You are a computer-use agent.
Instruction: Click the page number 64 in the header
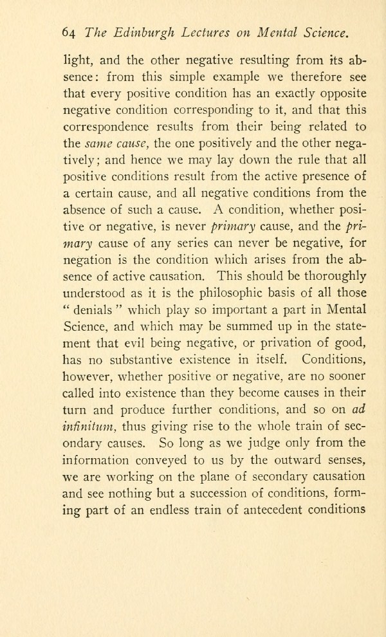click(x=67, y=33)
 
